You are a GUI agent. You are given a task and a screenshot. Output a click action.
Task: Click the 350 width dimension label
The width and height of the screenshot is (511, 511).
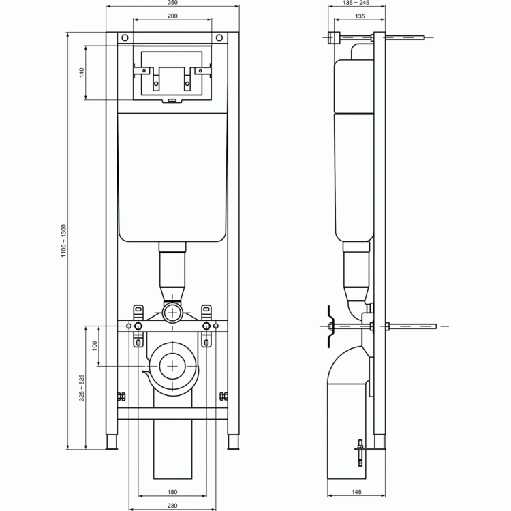[172, 3]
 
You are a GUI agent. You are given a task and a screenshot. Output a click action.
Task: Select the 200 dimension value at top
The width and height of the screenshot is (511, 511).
[172, 16]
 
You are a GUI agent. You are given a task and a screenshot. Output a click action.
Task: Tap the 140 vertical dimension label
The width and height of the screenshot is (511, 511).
[82, 72]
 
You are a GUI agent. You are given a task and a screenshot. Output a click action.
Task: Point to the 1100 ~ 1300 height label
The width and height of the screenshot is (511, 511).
[63, 241]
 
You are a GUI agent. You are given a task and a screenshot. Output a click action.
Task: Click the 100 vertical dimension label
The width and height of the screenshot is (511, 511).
[95, 345]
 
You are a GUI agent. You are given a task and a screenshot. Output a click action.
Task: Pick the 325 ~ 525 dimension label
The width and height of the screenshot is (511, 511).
[82, 388]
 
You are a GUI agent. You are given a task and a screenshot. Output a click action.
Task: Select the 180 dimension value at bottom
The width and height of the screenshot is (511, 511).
[172, 492]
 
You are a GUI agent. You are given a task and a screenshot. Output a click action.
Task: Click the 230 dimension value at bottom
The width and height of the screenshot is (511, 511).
[172, 506]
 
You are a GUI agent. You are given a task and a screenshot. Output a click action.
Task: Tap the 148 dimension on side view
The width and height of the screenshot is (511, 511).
[356, 492]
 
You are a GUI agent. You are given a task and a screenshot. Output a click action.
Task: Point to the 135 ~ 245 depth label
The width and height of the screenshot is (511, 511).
[356, 3]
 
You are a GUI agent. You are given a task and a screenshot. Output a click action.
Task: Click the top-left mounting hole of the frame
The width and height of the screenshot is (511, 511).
[125, 37]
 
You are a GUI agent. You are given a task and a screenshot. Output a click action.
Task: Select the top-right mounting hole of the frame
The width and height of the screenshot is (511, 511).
[219, 37]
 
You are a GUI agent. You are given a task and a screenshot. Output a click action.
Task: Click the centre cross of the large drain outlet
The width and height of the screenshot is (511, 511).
[172, 366]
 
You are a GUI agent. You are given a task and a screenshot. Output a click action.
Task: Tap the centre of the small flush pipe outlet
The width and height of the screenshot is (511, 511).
[172, 313]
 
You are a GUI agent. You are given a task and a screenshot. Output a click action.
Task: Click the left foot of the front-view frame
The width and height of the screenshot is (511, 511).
[112, 442]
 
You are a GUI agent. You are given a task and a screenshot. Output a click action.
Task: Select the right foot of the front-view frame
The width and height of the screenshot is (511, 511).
[233, 442]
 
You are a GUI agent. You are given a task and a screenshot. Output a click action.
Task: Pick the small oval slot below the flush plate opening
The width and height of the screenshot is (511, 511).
[172, 100]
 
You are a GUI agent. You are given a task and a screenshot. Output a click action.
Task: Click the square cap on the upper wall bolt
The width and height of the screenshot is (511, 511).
[334, 37]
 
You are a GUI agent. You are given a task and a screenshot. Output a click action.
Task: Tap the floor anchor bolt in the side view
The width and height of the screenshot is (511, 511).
[360, 452]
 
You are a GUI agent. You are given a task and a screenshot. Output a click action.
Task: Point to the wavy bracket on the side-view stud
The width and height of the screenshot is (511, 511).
[330, 326]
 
